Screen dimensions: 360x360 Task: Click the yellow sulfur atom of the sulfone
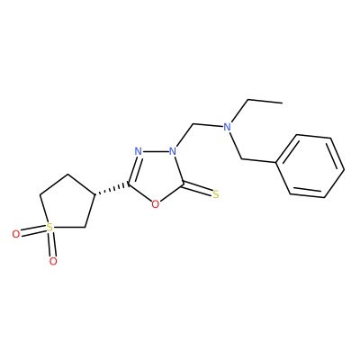click(x=49, y=228)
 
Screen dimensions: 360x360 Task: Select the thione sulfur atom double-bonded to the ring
click(x=215, y=194)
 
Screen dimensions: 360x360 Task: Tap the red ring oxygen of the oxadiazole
click(x=155, y=204)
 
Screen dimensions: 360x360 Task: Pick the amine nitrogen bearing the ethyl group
click(x=228, y=127)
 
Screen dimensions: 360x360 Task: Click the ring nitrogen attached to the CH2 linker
click(x=172, y=151)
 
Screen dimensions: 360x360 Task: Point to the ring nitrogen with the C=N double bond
click(x=138, y=151)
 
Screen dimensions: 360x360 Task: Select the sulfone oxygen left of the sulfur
click(x=16, y=234)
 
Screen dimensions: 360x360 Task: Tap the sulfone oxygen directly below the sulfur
click(x=53, y=261)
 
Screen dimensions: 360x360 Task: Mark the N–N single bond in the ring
click(x=155, y=151)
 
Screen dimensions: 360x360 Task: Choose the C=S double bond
click(x=198, y=189)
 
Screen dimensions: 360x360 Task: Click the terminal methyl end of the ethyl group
click(x=282, y=103)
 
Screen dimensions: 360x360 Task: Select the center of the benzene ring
click(x=310, y=167)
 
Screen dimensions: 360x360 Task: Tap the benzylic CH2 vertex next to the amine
click(x=241, y=159)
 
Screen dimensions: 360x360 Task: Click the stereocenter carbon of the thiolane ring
click(x=95, y=195)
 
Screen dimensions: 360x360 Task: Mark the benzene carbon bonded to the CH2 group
click(x=275, y=163)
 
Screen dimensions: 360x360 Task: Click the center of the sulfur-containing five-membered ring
click(x=67, y=204)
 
